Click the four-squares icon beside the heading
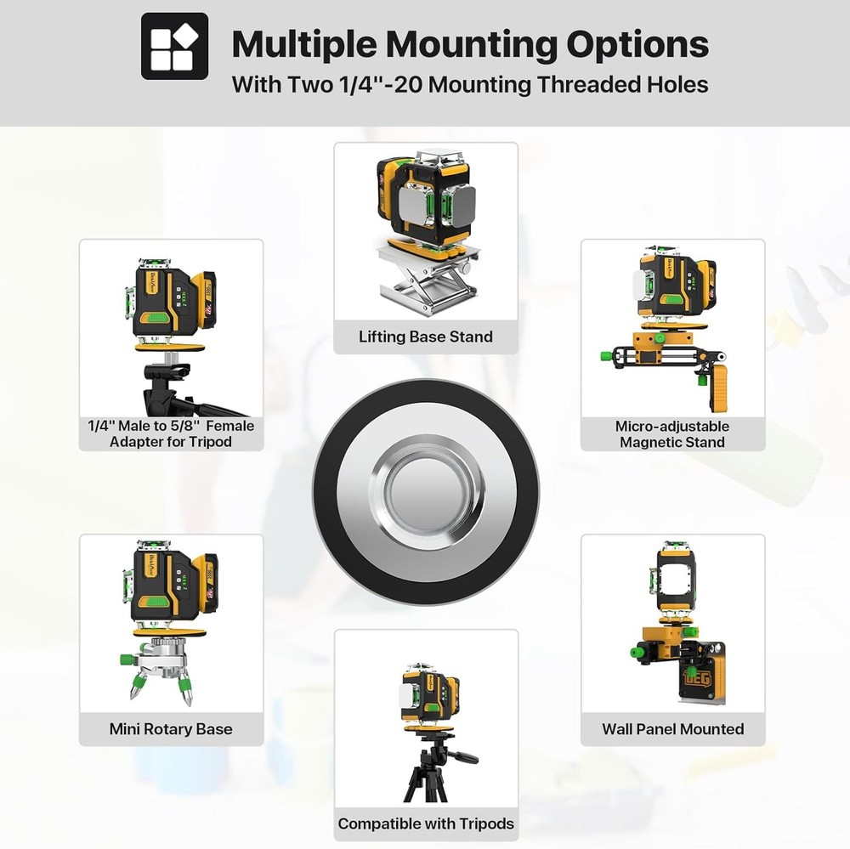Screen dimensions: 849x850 point(174,46)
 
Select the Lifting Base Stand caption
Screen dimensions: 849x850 point(425,337)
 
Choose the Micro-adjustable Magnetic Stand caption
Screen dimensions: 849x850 point(672,433)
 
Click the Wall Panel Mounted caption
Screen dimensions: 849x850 point(672,728)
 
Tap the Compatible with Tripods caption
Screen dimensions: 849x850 point(426,823)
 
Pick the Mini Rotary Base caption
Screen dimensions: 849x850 point(171,728)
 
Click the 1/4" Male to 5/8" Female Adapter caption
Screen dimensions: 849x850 point(171,433)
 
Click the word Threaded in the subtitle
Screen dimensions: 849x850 point(608,85)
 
